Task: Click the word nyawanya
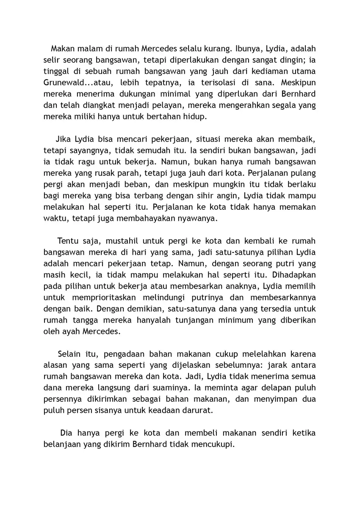pyautogui.click(x=195, y=219)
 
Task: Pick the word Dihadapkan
pyautogui.click(x=294, y=275)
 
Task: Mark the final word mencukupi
pyautogui.click(x=213, y=445)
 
